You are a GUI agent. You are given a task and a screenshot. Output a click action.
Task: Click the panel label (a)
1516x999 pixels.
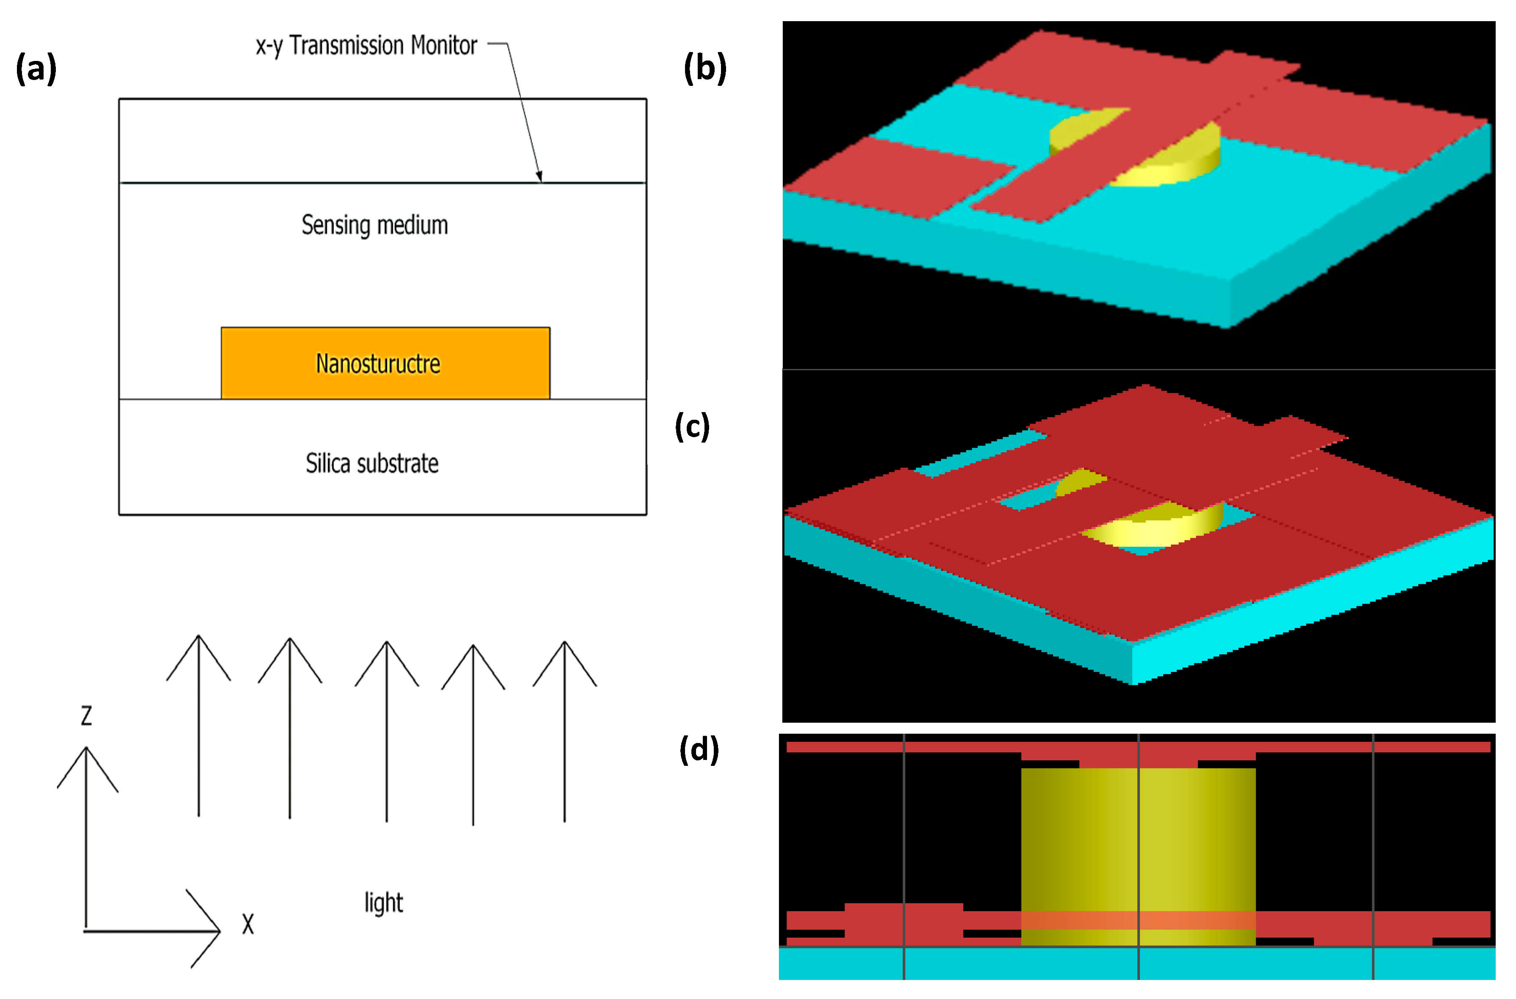tap(36, 68)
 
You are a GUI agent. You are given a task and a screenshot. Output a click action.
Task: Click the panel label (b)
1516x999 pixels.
tap(704, 68)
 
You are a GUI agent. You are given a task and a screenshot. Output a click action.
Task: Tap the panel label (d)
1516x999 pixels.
tap(699, 749)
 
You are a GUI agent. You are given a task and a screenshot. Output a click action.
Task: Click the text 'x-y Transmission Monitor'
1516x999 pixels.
tap(366, 46)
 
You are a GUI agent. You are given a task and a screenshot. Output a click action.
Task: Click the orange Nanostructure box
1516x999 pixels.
tap(385, 363)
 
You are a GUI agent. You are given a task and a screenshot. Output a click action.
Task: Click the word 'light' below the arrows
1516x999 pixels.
tap(383, 903)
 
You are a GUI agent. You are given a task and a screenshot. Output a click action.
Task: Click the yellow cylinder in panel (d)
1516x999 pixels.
tap(1138, 841)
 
